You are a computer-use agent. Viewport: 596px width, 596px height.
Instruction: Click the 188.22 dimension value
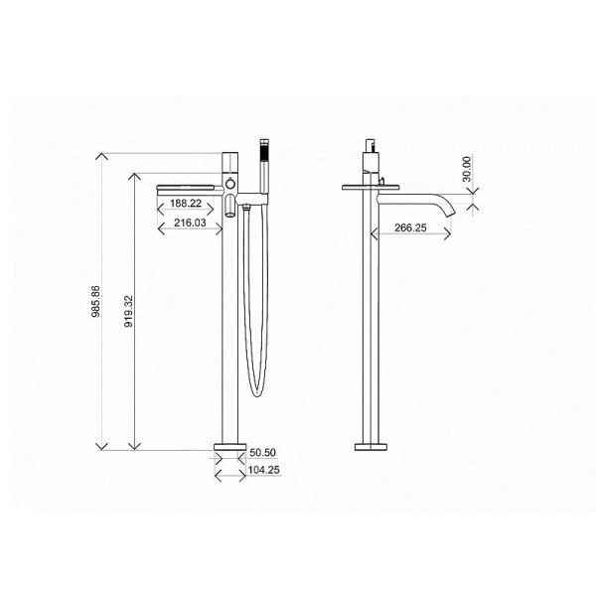tap(186, 203)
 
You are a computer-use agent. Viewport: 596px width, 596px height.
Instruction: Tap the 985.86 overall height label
tap(95, 302)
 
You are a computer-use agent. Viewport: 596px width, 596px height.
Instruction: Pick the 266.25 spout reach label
tap(396, 227)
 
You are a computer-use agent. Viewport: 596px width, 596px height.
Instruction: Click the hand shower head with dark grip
tap(263, 155)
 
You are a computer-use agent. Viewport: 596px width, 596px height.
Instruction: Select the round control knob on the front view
tap(231, 186)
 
